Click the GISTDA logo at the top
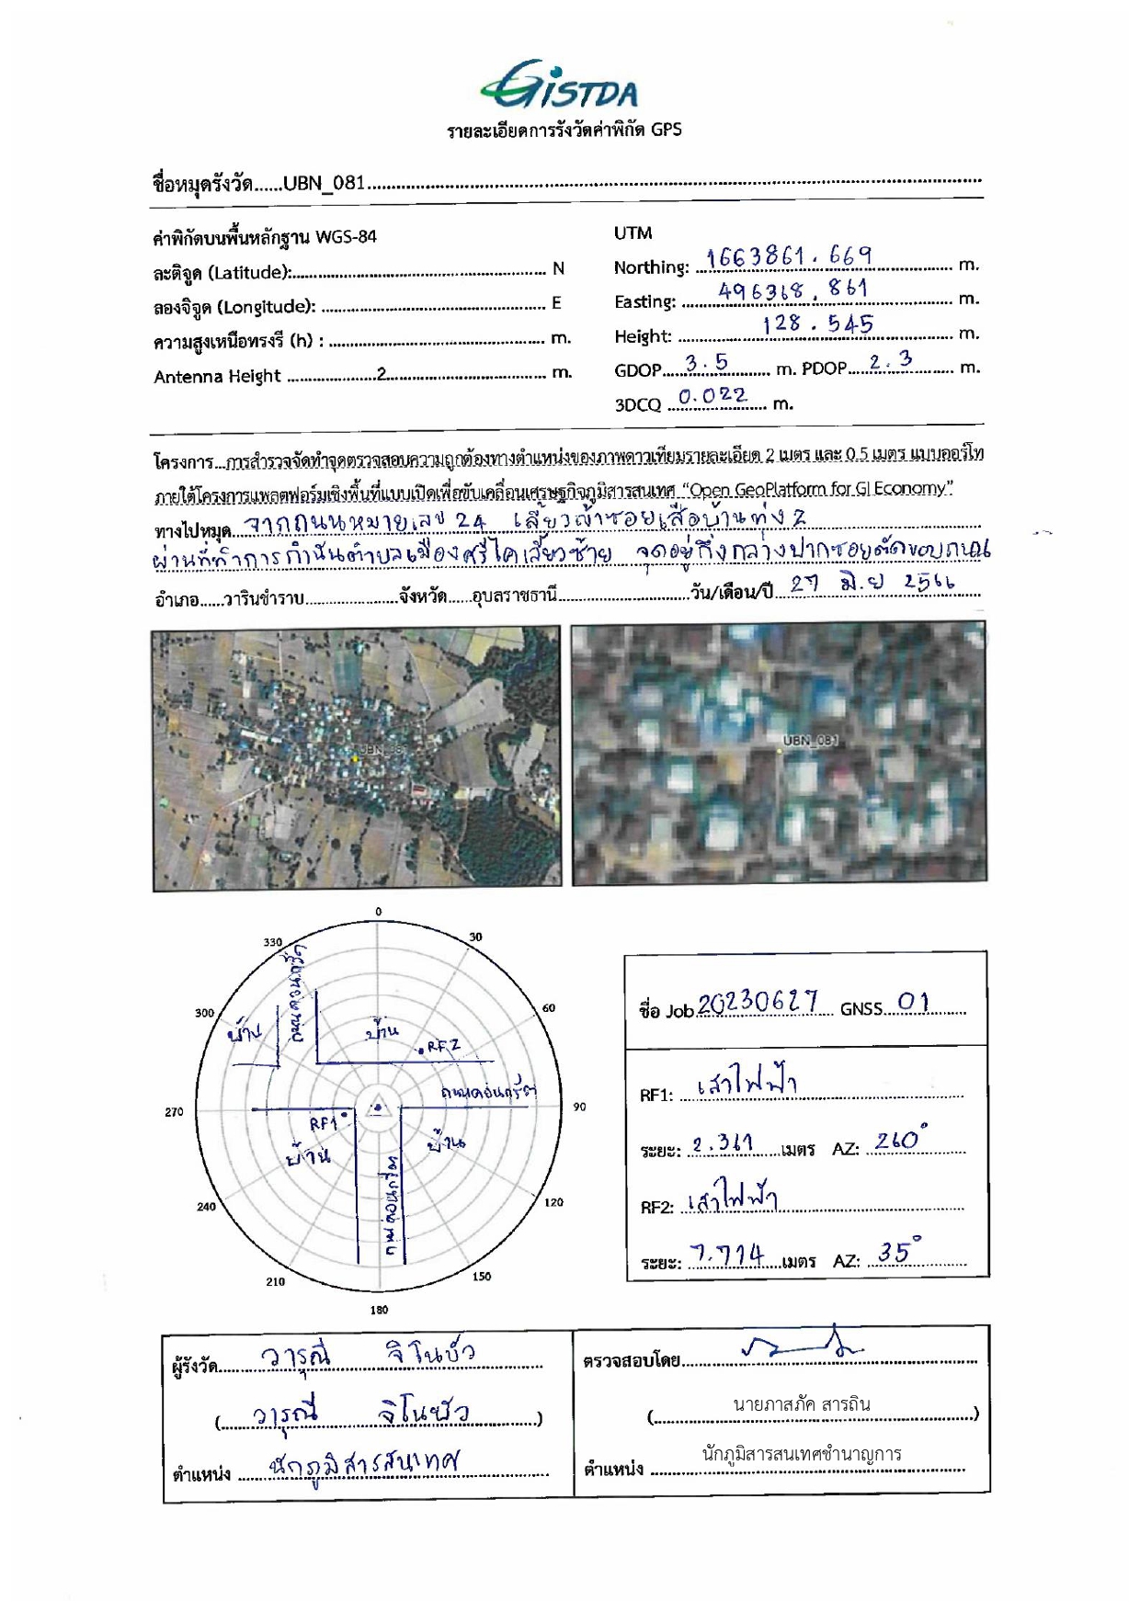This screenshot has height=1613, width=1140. pos(559,85)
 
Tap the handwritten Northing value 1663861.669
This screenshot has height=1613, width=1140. pos(789,256)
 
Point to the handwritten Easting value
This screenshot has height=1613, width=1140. pos(792,290)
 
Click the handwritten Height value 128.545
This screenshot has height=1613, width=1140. pos(817,324)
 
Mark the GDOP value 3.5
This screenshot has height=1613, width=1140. pos(706,364)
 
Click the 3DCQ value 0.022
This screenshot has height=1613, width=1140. pos(712,396)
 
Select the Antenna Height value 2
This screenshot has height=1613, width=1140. pos(382,374)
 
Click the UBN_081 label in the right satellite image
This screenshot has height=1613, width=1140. pos(810,740)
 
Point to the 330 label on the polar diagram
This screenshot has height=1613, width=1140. pos(273,942)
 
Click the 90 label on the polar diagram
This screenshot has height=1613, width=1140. pos(579,1107)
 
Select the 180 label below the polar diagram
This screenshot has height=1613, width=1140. pos(379,1310)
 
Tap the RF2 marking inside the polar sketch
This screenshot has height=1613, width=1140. pos(442,1046)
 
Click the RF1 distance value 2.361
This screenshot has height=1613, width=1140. pos(723,1144)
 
